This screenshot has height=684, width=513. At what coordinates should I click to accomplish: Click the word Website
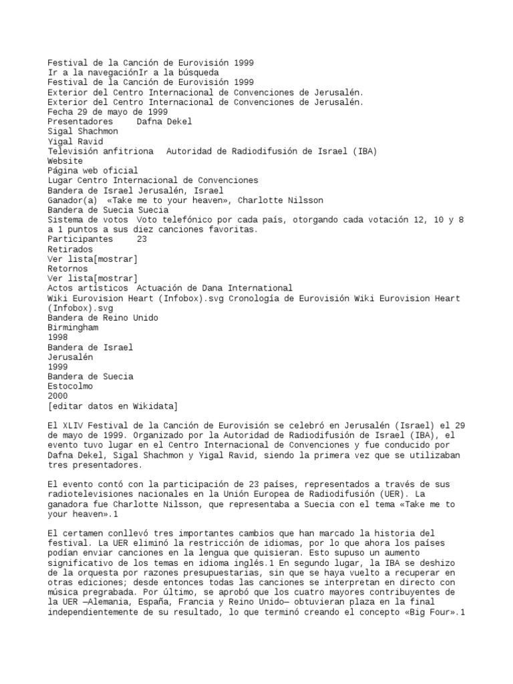[x=65, y=161]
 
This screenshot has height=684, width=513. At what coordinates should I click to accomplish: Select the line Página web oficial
[x=93, y=170]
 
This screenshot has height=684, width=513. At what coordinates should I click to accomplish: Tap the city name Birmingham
[x=73, y=328]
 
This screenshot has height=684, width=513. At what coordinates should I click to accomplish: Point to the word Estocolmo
[x=70, y=386]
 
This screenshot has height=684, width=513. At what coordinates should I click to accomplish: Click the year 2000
[x=58, y=396]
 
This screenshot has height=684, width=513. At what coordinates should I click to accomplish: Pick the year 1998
[x=58, y=337]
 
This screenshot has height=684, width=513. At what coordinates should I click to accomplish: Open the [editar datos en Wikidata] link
[x=113, y=405]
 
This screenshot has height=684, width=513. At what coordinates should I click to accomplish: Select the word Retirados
[x=70, y=249]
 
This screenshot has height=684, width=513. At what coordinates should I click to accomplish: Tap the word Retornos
[x=67, y=269]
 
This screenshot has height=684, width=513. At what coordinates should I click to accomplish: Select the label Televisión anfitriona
[x=100, y=151]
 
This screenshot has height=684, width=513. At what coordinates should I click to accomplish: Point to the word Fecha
[x=60, y=112]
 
